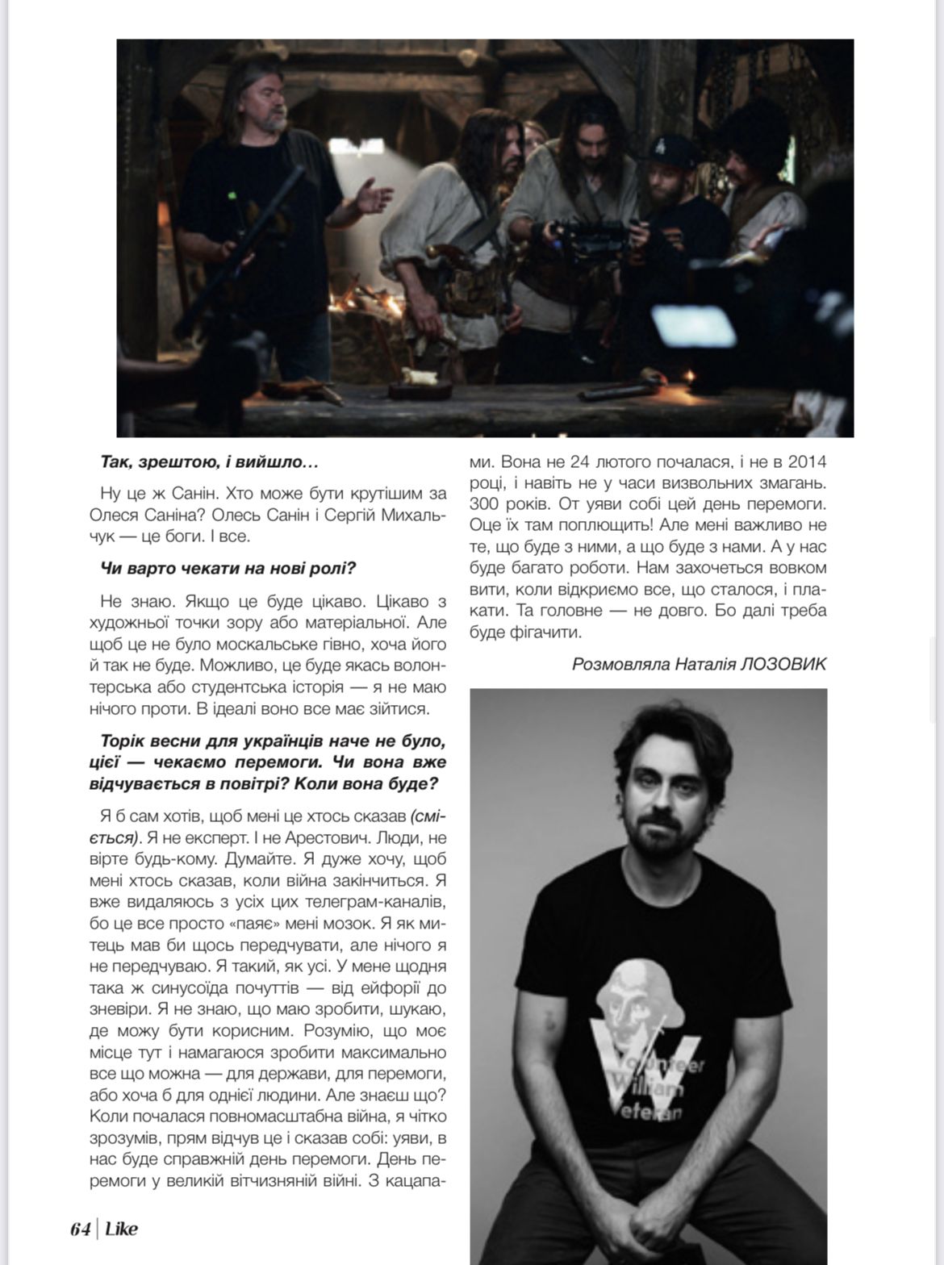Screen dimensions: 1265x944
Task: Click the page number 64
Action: click(80, 1229)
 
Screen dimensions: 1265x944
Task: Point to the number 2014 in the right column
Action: click(806, 463)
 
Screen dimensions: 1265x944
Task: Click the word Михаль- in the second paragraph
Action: click(408, 514)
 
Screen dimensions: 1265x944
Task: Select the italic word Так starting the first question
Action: click(116, 463)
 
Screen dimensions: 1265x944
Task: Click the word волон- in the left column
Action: click(417, 666)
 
